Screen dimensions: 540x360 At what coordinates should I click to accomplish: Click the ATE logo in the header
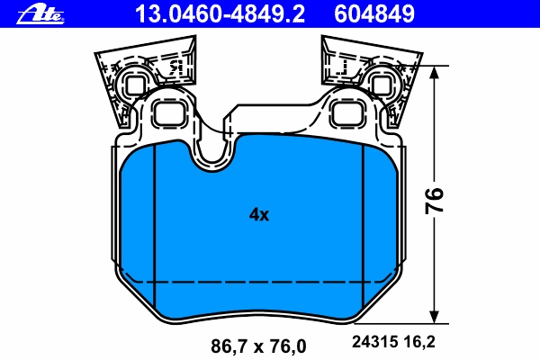tap(40, 14)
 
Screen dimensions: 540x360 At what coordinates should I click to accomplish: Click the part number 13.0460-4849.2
tap(220, 14)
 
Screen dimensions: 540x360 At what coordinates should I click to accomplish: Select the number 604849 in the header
tap(374, 14)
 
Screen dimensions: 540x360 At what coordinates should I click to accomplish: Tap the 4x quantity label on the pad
tap(259, 214)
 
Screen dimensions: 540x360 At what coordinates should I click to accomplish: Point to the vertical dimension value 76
tap(434, 201)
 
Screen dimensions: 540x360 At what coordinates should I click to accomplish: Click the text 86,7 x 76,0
tap(258, 346)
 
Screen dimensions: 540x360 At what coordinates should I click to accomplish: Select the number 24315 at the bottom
tap(374, 342)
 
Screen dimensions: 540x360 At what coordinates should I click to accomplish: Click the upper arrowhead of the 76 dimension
tap(435, 72)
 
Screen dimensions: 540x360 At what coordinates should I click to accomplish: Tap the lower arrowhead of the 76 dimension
tap(435, 317)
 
